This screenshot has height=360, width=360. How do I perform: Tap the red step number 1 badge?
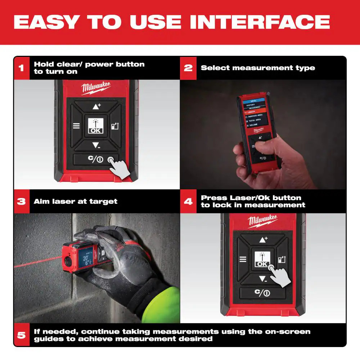pos(22,68)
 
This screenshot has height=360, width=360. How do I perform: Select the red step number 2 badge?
pos(188,68)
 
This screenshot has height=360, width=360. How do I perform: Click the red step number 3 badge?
pos(22,201)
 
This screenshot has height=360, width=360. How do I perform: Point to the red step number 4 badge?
pos(188,201)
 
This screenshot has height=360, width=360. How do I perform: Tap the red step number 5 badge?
pos(22,335)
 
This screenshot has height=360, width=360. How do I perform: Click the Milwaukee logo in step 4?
pos(262,221)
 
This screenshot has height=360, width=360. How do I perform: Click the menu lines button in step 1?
pos(76,126)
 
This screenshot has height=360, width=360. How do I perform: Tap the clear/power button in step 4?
pos(262,293)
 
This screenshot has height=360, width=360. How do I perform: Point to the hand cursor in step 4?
pos(280,275)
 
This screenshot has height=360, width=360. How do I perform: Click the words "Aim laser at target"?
pos(76,201)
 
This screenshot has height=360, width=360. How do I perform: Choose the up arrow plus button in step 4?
pos(262,239)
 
